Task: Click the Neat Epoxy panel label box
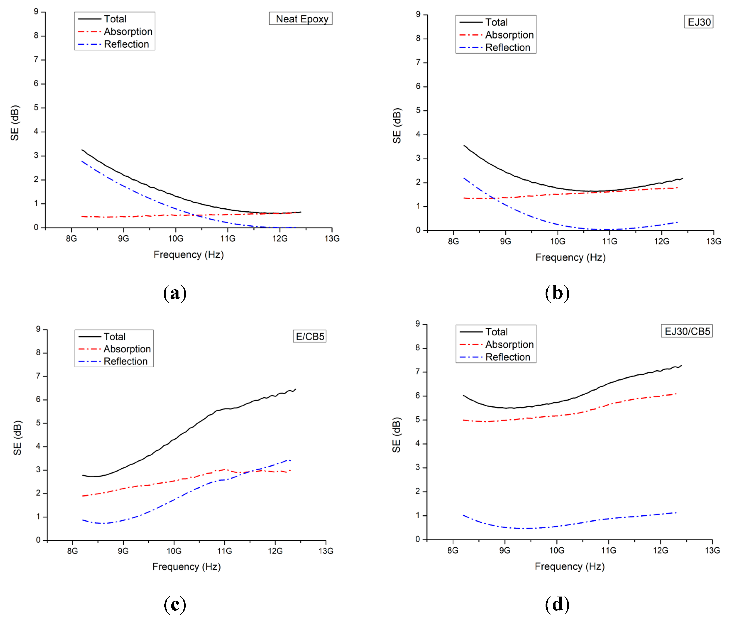(300, 19)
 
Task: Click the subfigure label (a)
(175, 293)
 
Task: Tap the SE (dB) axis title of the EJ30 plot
(397, 126)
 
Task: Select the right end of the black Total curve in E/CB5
(296, 389)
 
